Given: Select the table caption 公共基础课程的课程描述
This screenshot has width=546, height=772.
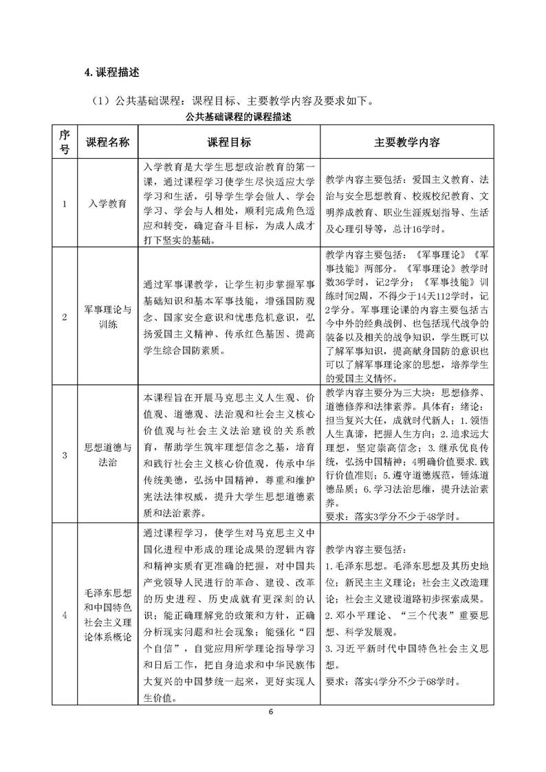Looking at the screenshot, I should [x=230, y=118].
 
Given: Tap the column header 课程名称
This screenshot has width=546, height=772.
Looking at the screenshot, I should [x=107, y=142].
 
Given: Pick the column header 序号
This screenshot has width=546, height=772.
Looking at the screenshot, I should [x=65, y=142].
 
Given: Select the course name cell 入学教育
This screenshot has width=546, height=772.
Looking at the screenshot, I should [x=107, y=204].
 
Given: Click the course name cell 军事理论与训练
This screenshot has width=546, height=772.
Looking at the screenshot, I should [x=107, y=317].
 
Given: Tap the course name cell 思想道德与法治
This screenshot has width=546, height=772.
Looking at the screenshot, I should [x=107, y=454].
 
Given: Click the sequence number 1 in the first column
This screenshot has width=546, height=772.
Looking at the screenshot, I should [x=65, y=204].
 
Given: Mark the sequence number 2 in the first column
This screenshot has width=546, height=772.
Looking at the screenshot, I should [x=65, y=317].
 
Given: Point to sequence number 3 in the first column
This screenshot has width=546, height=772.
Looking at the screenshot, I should [x=65, y=454].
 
